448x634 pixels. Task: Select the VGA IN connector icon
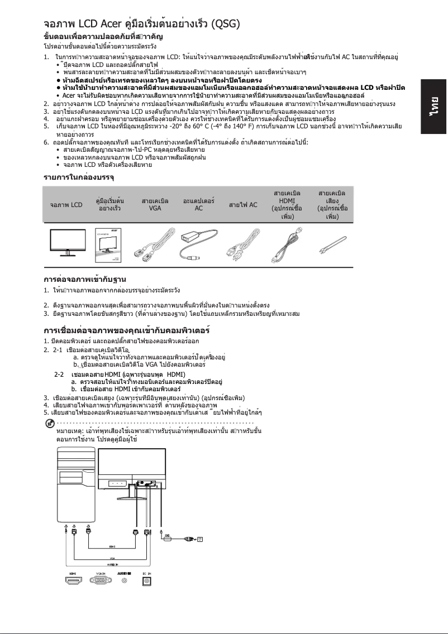tap(101, 580)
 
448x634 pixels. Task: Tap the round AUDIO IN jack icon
tap(124, 581)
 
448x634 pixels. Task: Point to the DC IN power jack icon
tap(148, 581)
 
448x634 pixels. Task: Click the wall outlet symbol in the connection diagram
tap(199, 539)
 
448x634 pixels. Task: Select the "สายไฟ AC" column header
tap(243, 205)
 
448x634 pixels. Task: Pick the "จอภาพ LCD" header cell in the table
tap(66, 205)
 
